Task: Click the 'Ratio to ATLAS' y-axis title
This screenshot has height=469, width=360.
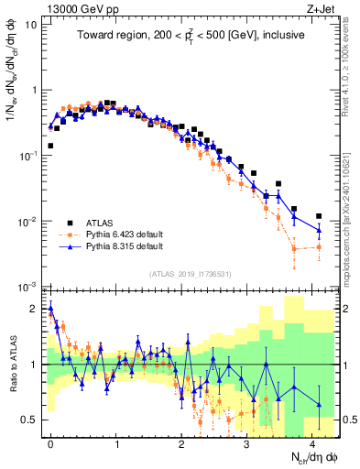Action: (x=13, y=364)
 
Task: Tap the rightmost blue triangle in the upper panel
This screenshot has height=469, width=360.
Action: (x=319, y=228)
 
